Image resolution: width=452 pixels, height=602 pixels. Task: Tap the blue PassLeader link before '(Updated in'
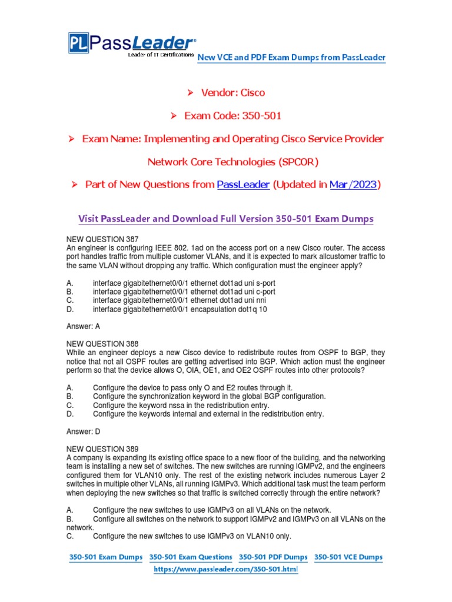243,185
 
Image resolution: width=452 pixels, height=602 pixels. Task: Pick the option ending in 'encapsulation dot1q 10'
180,309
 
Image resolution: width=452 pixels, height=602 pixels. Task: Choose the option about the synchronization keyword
209,397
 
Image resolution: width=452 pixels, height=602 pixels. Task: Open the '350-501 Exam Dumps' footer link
107,557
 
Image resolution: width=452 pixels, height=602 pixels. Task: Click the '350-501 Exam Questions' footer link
191,557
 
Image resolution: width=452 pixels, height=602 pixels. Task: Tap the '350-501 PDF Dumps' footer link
273,557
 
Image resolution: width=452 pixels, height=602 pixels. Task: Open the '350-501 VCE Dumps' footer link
348,557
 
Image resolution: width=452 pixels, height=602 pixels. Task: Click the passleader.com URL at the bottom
226,570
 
